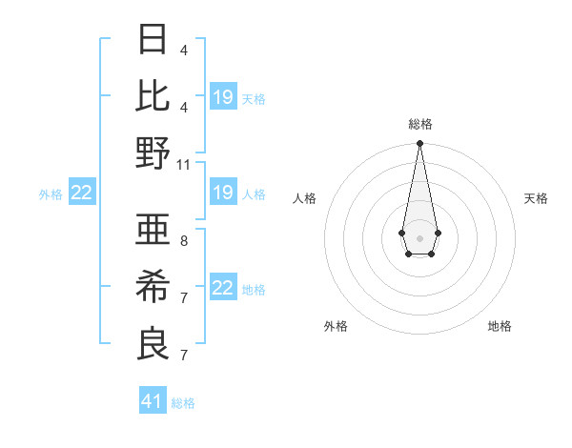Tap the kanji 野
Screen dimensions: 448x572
[153, 153]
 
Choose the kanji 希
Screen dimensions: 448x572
[153, 286]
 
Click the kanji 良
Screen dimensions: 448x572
[153, 342]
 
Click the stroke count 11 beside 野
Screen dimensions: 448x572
[184, 164]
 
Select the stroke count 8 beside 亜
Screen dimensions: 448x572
[184, 241]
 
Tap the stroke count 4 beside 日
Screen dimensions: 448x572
[184, 51]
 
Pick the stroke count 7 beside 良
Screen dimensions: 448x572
[184, 356]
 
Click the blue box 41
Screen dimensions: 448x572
[153, 401]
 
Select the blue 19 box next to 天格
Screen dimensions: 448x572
[223, 96]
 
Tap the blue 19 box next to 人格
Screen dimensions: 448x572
[223, 193]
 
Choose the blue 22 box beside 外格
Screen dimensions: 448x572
[82, 193]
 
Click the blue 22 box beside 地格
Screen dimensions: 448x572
[223, 289]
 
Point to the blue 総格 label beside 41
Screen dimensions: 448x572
[183, 403]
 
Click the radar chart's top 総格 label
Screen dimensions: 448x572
[419, 124]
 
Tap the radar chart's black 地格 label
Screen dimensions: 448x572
[500, 326]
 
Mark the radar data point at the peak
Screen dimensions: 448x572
[419, 144]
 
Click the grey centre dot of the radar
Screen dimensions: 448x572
[419, 236]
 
